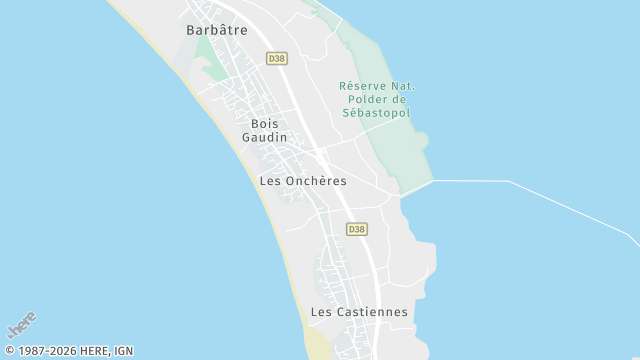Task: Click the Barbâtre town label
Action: point(216,30)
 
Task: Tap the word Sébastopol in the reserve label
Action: point(377,113)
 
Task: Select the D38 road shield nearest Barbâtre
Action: point(276,59)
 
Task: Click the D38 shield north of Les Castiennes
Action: point(357,229)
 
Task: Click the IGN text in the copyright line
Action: point(123,351)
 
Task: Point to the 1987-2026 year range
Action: point(47,351)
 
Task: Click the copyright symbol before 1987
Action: point(10,351)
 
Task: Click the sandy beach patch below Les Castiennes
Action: point(318,345)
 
